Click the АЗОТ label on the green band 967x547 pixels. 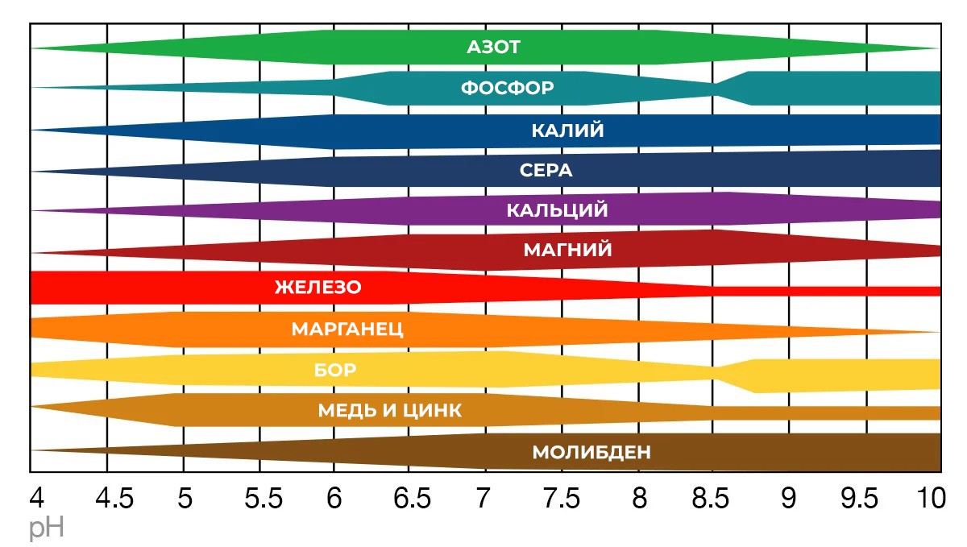[x=493, y=47]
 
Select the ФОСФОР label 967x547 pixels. [x=508, y=88]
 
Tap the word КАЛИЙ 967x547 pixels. [x=567, y=131]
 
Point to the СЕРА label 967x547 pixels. [x=546, y=170]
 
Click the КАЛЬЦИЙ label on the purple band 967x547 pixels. [x=557, y=211]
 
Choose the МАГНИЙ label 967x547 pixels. [x=567, y=250]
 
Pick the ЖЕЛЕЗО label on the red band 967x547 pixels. [x=317, y=288]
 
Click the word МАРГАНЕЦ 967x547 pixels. [x=347, y=329]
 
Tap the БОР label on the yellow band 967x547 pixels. [x=335, y=371]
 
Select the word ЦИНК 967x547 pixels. [x=432, y=411]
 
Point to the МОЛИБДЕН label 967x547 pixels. [x=591, y=453]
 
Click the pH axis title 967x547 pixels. [x=46, y=528]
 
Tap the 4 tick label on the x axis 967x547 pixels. [x=36, y=499]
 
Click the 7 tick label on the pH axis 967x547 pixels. [x=483, y=499]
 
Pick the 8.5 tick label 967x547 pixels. [x=712, y=499]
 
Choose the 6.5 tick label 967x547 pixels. [x=411, y=499]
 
